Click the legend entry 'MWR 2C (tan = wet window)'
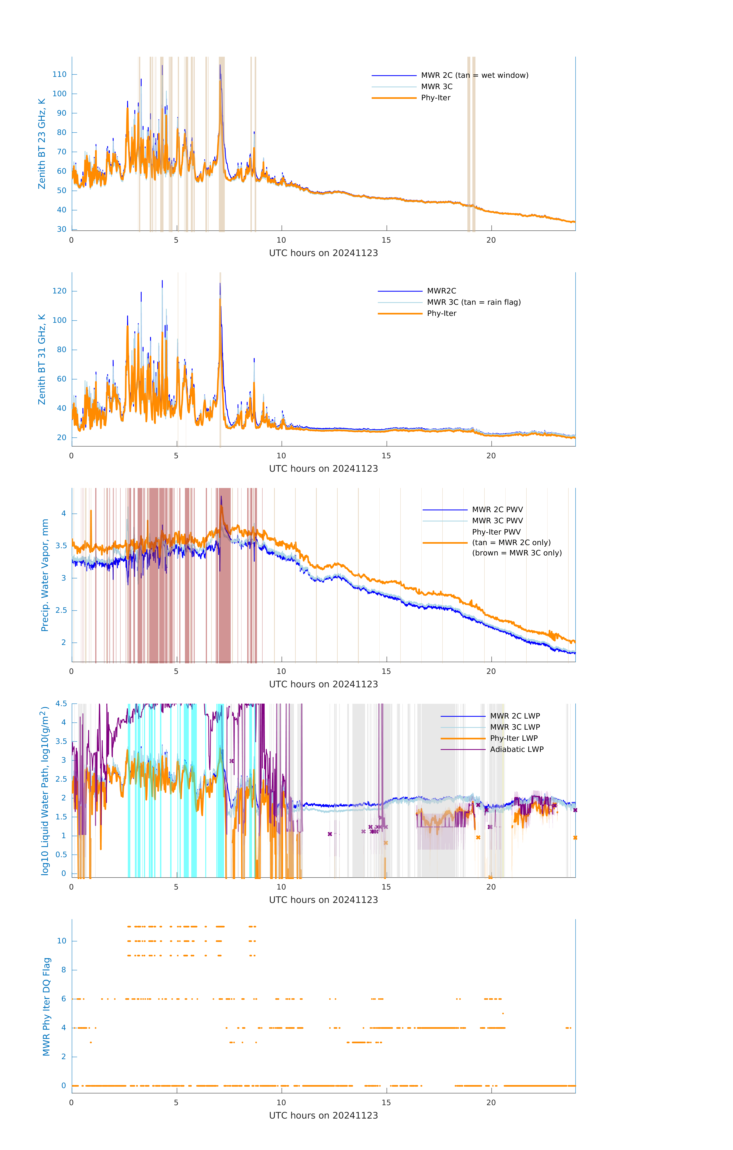[474, 76]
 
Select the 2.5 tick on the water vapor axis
[61, 610]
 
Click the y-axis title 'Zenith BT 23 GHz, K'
[42, 144]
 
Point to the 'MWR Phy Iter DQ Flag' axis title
[46, 1007]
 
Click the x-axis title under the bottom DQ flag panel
[323, 1116]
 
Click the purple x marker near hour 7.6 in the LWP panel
[232, 761]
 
